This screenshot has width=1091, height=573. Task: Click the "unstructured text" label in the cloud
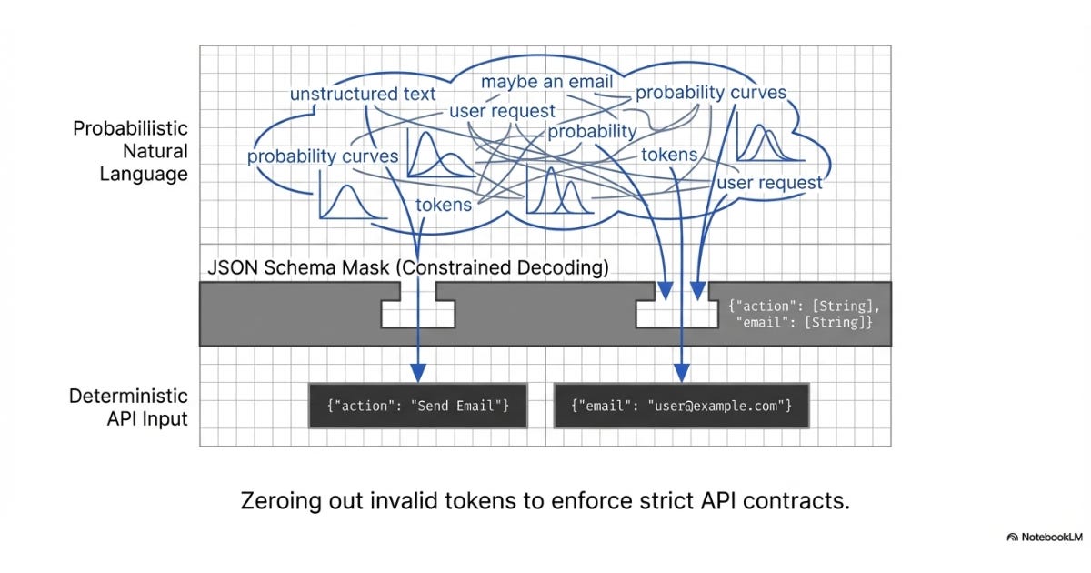[x=363, y=94]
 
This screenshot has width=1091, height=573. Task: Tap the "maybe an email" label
[x=547, y=82]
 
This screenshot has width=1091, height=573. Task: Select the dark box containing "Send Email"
[x=418, y=406]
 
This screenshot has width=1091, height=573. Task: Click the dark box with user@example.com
[x=681, y=406]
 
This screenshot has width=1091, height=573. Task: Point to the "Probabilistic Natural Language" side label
[x=130, y=151]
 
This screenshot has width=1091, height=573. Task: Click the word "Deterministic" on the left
[x=128, y=396]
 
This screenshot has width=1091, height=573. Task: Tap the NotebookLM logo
[x=1045, y=537]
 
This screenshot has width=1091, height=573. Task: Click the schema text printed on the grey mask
[x=804, y=314]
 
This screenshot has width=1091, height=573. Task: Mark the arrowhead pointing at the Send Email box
[x=418, y=373]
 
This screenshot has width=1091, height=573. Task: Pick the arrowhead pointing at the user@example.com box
[x=681, y=373]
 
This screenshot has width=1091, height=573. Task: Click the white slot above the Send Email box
[x=418, y=314]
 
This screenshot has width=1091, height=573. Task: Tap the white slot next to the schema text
[x=677, y=314]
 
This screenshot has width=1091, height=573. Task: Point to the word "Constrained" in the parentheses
[x=455, y=267]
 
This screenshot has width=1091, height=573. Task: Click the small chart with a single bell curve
[x=352, y=201]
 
